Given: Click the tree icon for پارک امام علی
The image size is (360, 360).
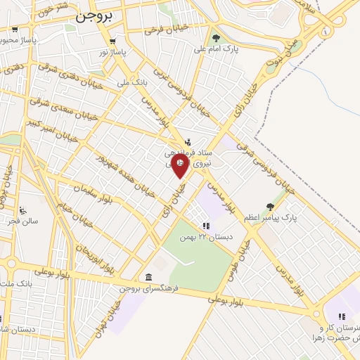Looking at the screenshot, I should click(216, 38).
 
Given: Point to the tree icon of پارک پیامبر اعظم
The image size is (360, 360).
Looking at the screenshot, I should click(271, 207).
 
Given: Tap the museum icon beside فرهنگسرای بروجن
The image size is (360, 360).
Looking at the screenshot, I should click(148, 278).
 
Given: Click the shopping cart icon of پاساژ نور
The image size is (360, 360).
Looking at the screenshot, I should click(112, 41).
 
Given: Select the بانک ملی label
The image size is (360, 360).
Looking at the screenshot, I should click(115, 82).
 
